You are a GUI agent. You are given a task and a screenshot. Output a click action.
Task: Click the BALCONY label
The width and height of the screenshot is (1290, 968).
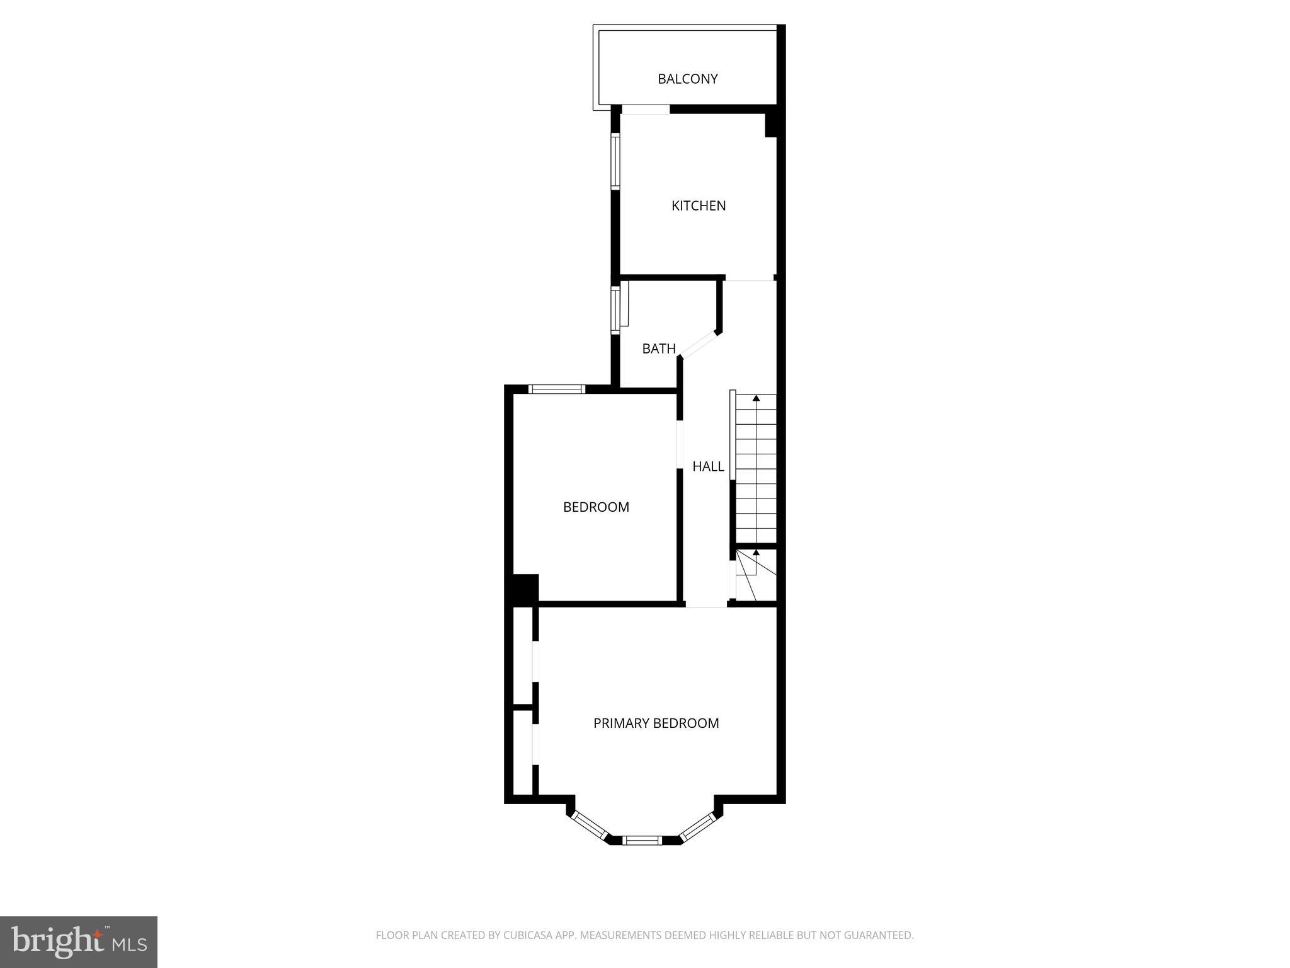(687, 79)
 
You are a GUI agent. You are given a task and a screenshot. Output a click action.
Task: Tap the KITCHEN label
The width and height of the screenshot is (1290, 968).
(699, 205)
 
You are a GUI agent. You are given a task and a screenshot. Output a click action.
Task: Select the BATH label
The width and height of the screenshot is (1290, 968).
(658, 349)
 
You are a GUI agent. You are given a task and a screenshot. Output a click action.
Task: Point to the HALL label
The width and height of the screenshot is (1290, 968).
(708, 466)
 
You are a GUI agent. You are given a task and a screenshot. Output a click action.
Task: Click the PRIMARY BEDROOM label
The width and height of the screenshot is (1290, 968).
(656, 723)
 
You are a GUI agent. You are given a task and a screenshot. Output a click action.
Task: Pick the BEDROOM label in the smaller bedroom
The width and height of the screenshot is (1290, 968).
(596, 507)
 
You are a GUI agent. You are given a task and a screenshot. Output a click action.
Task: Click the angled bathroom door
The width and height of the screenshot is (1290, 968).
(699, 345)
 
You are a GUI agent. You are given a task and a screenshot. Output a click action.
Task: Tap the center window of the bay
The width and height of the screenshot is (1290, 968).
(642, 839)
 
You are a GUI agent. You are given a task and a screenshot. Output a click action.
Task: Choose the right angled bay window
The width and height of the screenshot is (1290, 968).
(698, 826)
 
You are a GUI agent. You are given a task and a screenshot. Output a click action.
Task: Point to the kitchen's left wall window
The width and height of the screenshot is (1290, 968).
(615, 161)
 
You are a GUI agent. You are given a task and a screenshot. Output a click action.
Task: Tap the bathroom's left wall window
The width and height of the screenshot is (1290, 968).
(615, 309)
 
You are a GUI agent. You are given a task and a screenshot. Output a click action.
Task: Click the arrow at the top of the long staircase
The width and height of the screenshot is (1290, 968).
(756, 398)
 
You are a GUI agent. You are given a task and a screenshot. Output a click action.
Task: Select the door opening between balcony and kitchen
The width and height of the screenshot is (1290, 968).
(646, 110)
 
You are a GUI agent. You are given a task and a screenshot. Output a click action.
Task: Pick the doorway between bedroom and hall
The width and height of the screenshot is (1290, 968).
(680, 444)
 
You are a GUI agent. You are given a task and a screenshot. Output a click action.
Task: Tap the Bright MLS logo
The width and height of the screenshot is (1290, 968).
(79, 942)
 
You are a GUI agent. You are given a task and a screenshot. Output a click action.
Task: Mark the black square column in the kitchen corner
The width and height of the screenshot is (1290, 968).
(771, 125)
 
